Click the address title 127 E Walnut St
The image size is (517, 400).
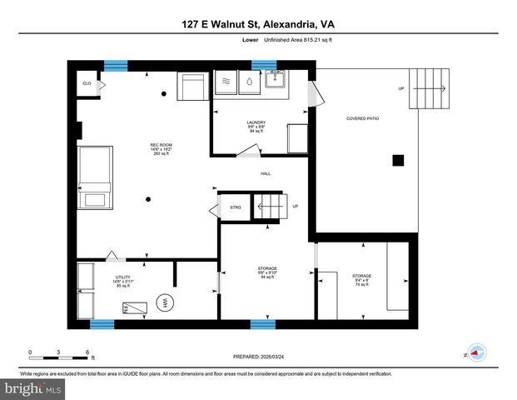258,25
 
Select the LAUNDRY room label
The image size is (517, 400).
256,126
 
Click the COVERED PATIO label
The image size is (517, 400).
362,118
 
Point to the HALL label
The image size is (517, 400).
266,173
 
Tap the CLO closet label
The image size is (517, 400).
87,83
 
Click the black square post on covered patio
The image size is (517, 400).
399,160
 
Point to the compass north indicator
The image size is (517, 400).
475,352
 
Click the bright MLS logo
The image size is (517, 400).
32,388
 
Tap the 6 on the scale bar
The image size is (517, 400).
88,352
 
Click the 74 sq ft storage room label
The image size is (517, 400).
361,279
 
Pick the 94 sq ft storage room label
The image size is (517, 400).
266,273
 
